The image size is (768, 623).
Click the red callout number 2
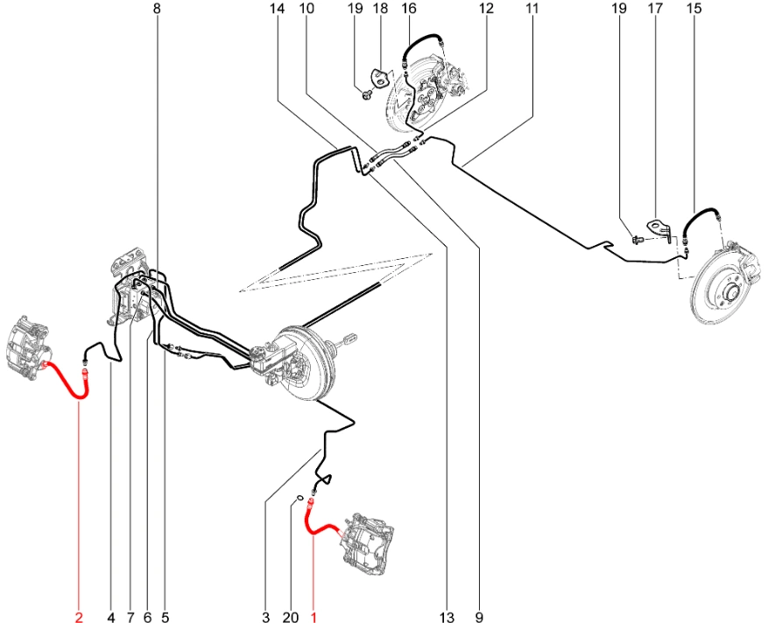pos(79,618)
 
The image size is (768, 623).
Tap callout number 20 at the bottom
pos(291,618)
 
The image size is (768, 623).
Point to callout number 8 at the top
pos(157,9)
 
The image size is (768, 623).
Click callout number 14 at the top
pos(277,9)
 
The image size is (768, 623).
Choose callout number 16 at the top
pos(408,9)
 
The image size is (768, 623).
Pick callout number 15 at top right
pos(694,9)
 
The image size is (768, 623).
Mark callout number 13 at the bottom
pos(447,618)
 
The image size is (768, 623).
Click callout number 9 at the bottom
pos(478,618)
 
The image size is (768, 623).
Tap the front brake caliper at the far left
pos(30,347)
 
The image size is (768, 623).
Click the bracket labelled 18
pos(381,78)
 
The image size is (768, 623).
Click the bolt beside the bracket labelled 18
pos(367,95)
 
